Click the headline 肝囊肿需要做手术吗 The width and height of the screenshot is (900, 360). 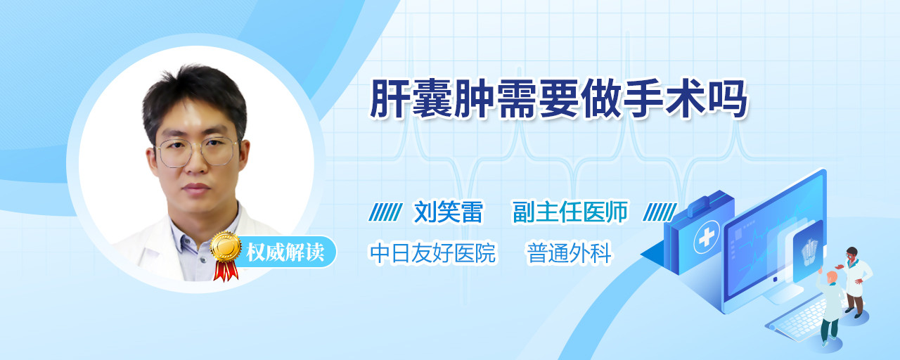558,99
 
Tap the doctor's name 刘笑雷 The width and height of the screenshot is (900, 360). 449,212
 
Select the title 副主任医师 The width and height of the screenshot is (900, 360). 570,212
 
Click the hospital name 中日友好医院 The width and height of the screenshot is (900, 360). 433,252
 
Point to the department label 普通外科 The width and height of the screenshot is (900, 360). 570,252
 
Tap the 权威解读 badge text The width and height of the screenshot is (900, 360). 285,252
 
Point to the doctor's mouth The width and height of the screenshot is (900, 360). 195,188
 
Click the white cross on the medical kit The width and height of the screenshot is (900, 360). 707,238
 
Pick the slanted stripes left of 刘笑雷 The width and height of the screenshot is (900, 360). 385,212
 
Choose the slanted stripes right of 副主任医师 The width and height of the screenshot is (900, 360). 660,212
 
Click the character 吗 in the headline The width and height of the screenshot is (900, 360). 728,99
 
